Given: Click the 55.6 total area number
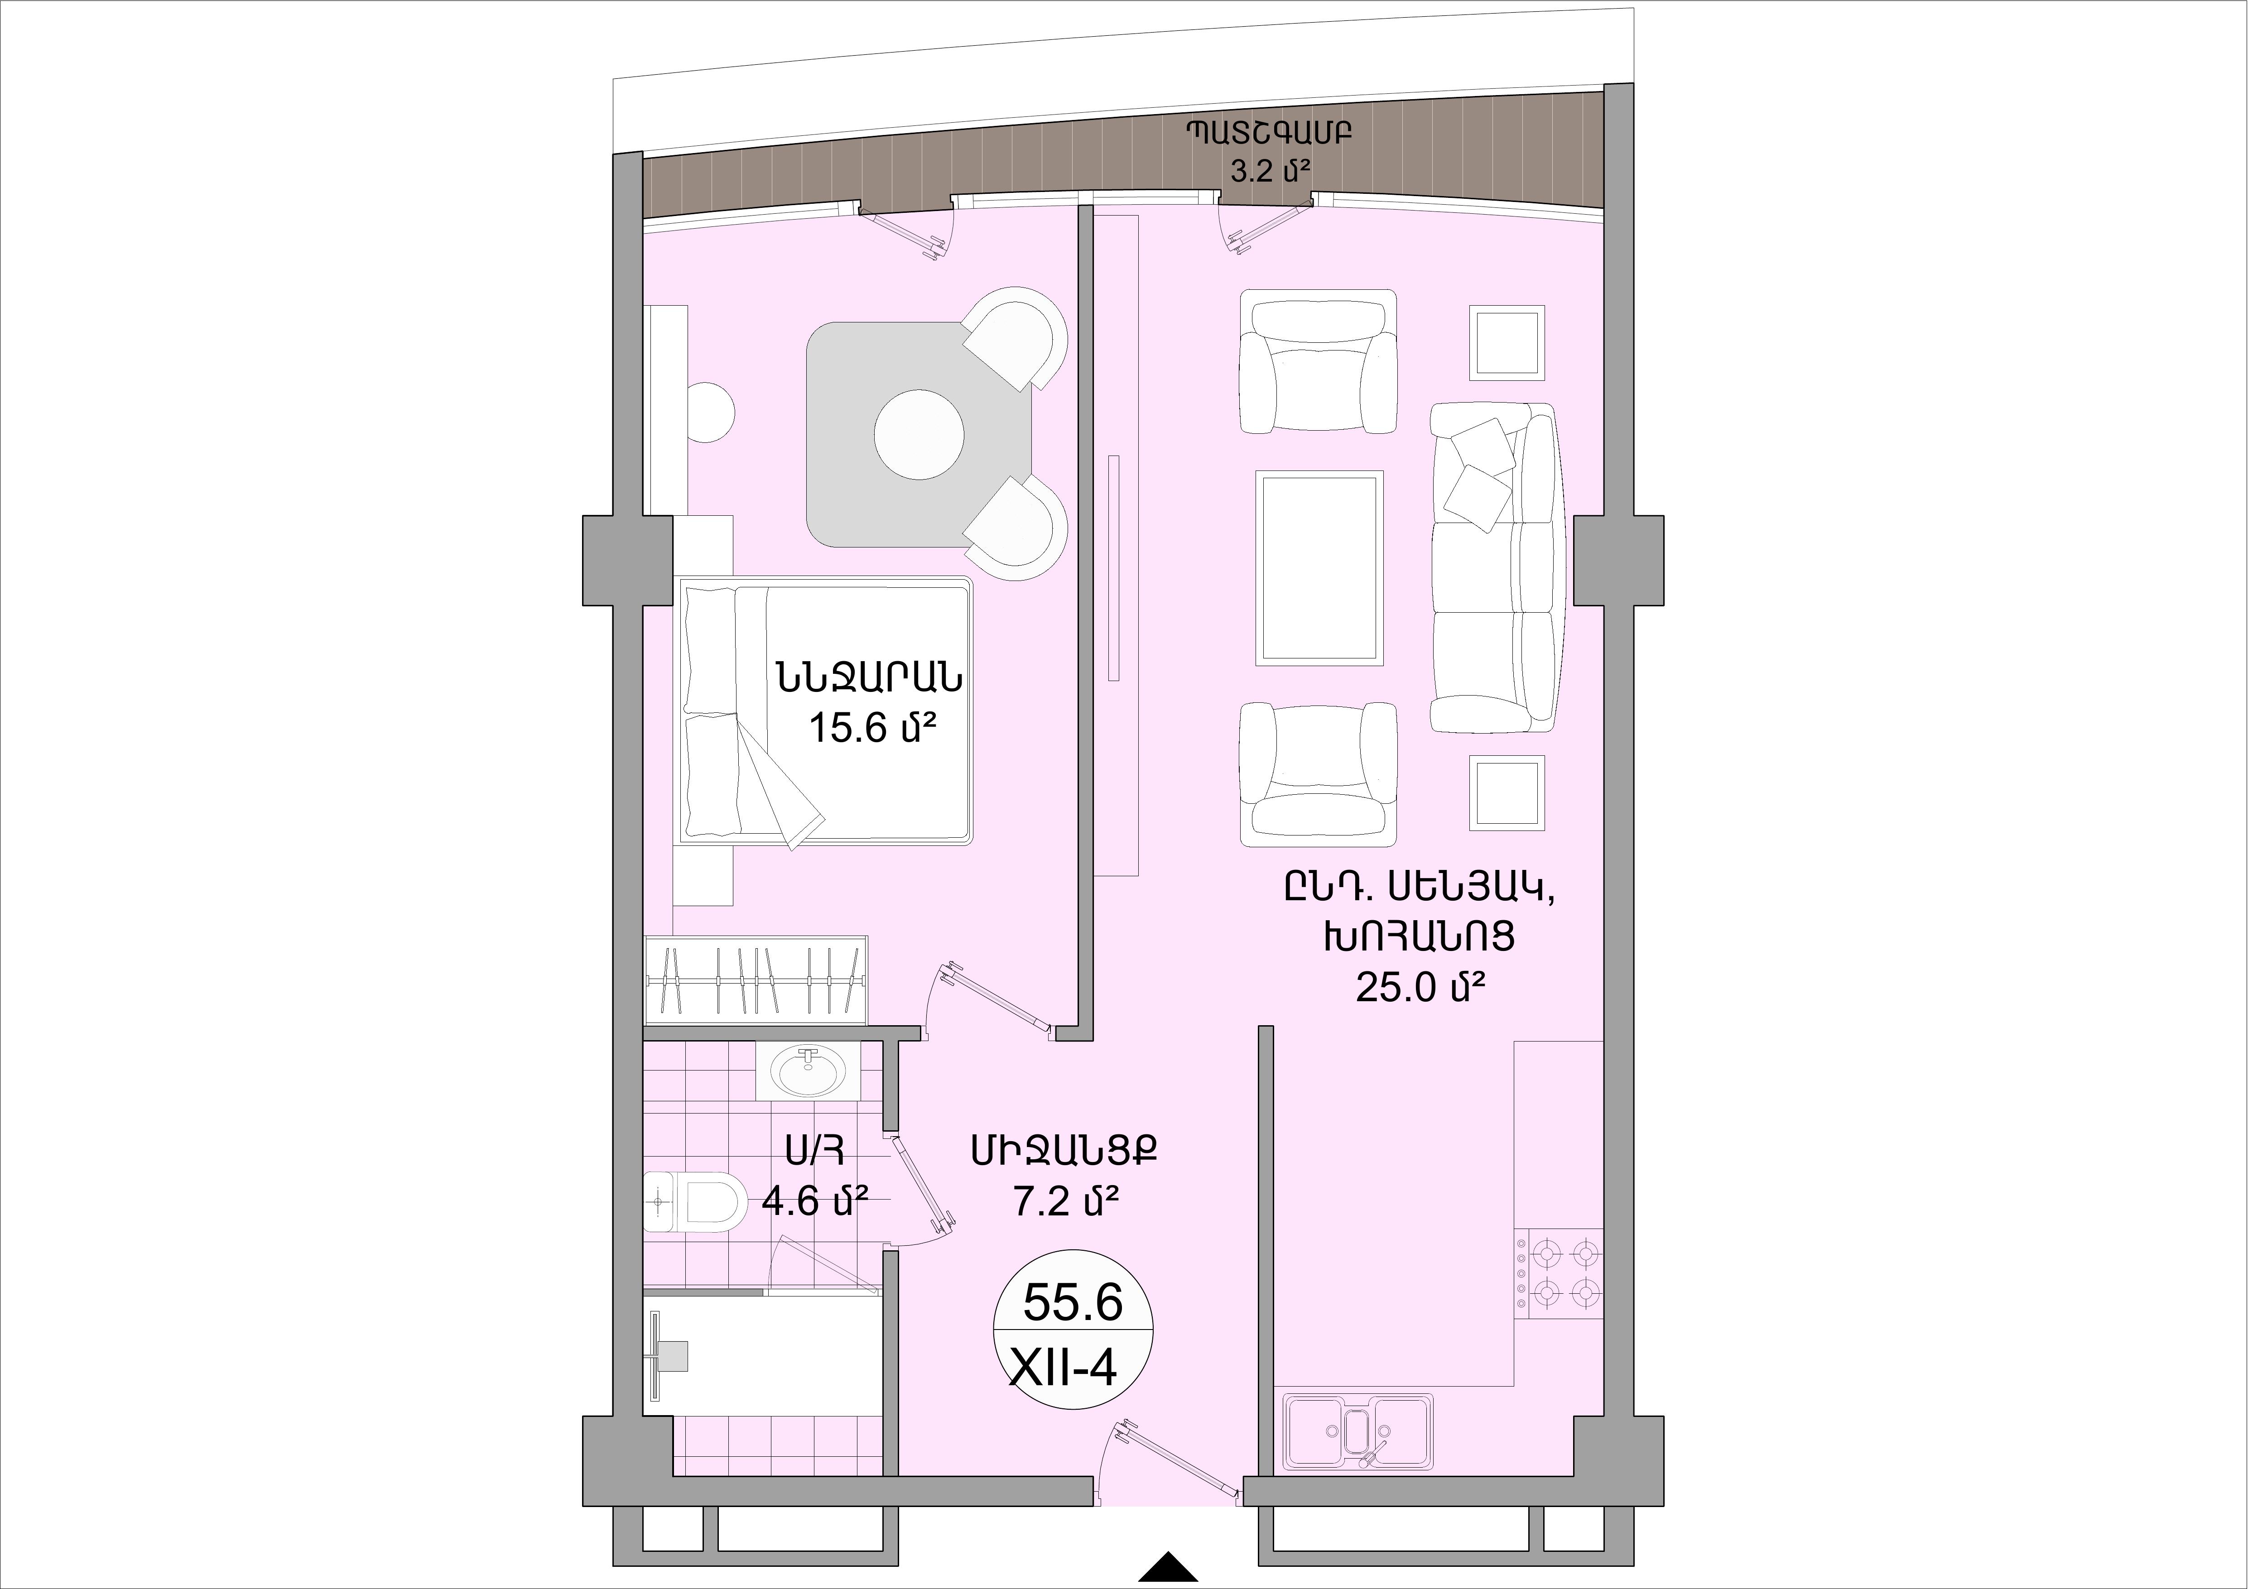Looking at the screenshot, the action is point(1072,1303).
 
